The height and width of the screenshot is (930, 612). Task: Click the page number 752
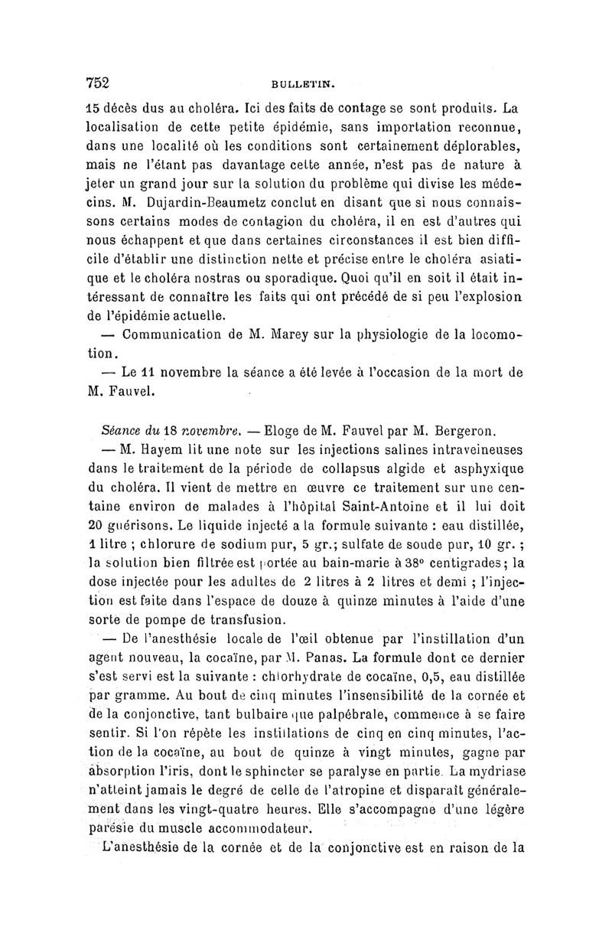tap(99, 82)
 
